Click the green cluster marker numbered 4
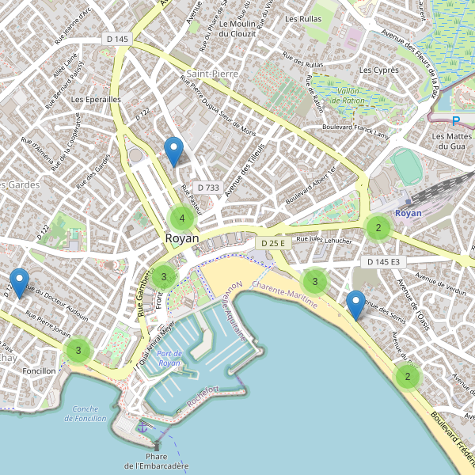[182, 218]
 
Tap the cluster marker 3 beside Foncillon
[78, 350]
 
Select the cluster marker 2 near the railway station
[378, 228]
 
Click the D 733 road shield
[207, 188]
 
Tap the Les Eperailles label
[96, 100]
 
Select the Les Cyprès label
[378, 70]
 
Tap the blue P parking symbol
[455, 121]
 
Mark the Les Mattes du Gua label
[449, 141]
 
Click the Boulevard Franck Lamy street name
[356, 131]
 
